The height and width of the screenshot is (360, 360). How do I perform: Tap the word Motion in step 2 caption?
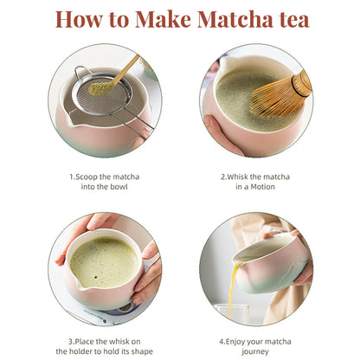pyautogui.click(x=260, y=187)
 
